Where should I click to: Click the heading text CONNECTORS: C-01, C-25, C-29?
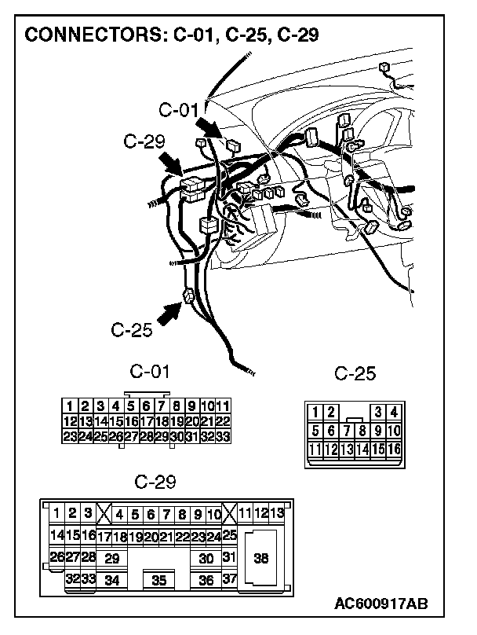tap(172, 35)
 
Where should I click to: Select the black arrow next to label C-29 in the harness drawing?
tap(171, 164)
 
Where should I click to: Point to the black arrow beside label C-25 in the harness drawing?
tap(169, 312)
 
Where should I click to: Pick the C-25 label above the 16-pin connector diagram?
tap(355, 374)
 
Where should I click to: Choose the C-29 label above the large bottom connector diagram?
tap(155, 480)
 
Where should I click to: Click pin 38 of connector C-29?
tap(261, 558)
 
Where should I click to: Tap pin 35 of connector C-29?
tap(158, 581)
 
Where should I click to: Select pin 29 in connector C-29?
tap(111, 559)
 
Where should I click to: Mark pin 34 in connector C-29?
tap(111, 581)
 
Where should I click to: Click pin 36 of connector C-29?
tap(206, 581)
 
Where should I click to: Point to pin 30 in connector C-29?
tap(206, 559)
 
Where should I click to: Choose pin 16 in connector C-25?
tap(393, 449)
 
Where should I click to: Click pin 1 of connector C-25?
tap(315, 412)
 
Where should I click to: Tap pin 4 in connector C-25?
tap(393, 412)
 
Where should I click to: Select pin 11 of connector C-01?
tap(222, 406)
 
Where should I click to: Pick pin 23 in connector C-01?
tap(69, 435)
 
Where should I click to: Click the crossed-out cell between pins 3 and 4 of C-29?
tap(103, 515)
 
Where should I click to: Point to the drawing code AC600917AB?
tap(381, 604)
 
